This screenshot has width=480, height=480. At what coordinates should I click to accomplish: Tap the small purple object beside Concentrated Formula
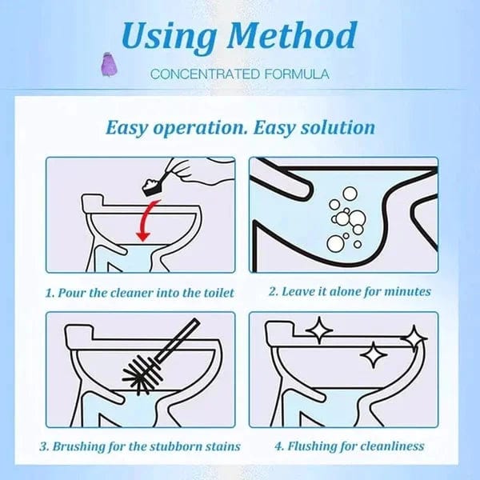tap(126, 61)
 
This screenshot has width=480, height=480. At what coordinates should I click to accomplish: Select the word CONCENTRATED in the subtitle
tap(201, 74)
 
